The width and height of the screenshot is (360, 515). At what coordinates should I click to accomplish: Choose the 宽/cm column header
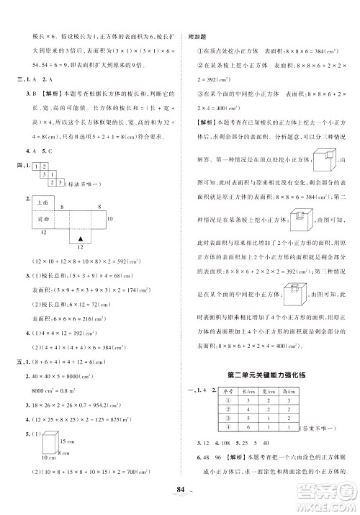285,390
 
